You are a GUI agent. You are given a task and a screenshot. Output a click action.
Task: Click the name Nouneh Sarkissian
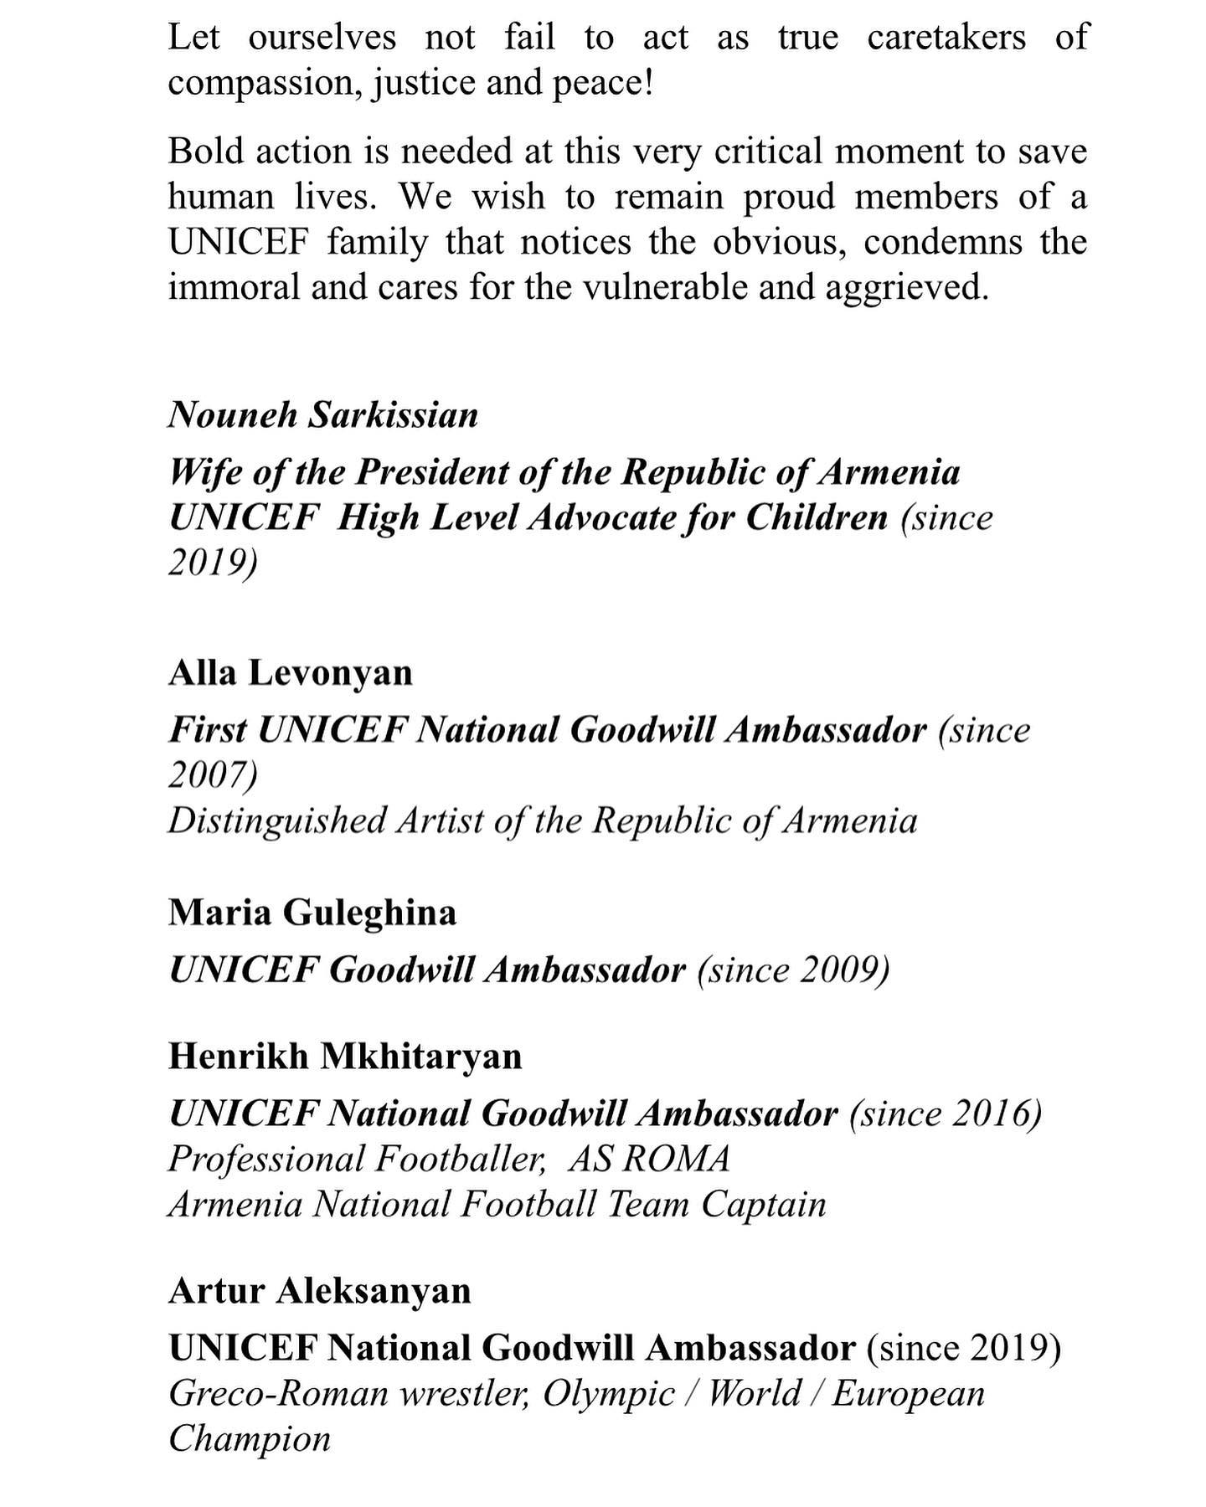323,414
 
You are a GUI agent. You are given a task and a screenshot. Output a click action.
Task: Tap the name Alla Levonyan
291,672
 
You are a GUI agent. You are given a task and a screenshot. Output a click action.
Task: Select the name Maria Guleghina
312,912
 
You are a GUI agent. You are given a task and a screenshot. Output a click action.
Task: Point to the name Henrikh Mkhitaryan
345,1056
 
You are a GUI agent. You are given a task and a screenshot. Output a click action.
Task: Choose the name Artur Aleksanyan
320,1290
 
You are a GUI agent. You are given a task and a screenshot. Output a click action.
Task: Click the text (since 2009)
792,970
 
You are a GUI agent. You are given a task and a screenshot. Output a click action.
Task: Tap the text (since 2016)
946,1114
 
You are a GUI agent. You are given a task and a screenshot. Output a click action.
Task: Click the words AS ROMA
649,1159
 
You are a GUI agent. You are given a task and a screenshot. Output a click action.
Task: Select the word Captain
764,1204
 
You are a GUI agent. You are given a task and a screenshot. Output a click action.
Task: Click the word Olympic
607,1393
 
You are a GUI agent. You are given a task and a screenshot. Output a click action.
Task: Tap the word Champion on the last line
250,1438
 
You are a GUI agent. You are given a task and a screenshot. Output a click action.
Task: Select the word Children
816,517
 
